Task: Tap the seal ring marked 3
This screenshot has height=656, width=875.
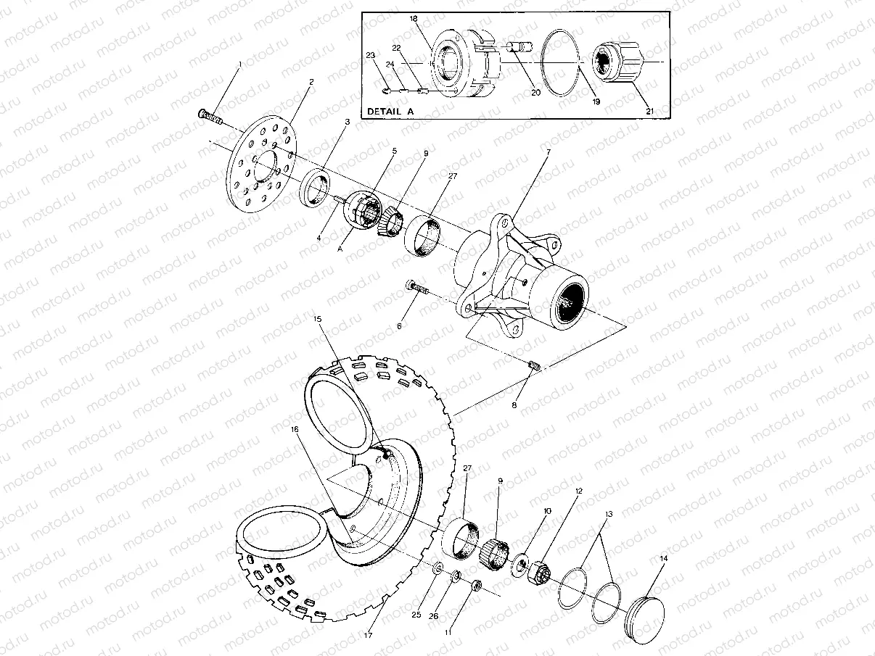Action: (x=316, y=187)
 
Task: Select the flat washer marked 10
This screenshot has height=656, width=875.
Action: (x=521, y=564)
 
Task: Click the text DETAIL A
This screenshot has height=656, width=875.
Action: (x=395, y=112)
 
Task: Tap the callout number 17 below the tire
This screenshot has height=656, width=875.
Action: (x=368, y=636)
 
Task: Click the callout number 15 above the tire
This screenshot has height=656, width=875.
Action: (x=317, y=318)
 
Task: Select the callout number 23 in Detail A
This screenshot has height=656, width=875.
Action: (x=370, y=55)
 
